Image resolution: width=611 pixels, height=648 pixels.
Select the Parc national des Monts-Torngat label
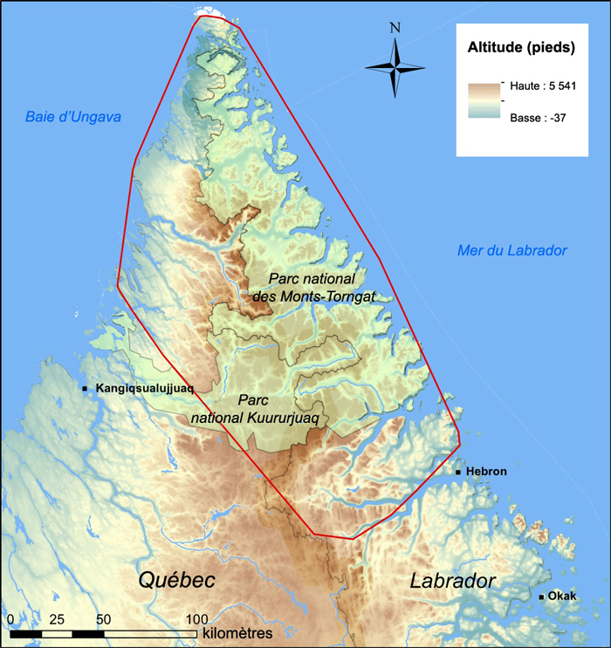point(313,287)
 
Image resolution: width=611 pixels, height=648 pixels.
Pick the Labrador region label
point(453,581)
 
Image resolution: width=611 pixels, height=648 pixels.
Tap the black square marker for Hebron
point(458,472)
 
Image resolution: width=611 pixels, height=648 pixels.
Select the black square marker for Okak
point(542,597)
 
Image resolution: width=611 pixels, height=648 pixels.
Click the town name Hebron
point(486,472)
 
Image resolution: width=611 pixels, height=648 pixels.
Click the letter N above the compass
point(395,27)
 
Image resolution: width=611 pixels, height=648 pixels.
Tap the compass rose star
point(395,67)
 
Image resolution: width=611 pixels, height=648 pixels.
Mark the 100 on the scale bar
point(196,618)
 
